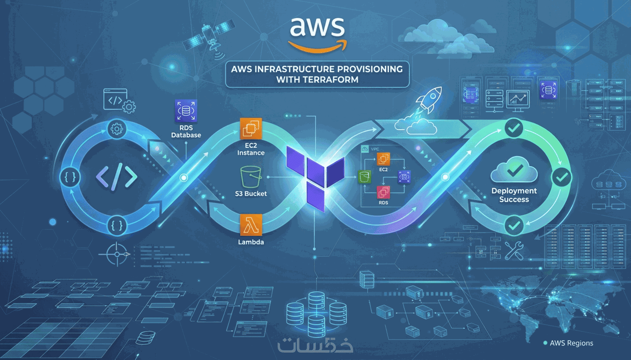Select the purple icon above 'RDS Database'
[186, 111]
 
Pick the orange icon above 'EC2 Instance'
[251, 128]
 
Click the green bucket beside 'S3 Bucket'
[251, 177]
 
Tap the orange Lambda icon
[251, 225]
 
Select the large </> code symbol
[117, 177]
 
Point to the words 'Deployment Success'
[514, 195]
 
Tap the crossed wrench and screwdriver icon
[514, 251]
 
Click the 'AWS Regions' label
[571, 343]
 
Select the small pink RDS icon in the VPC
[383, 192]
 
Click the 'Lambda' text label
[251, 242]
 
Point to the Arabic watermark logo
[315, 345]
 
